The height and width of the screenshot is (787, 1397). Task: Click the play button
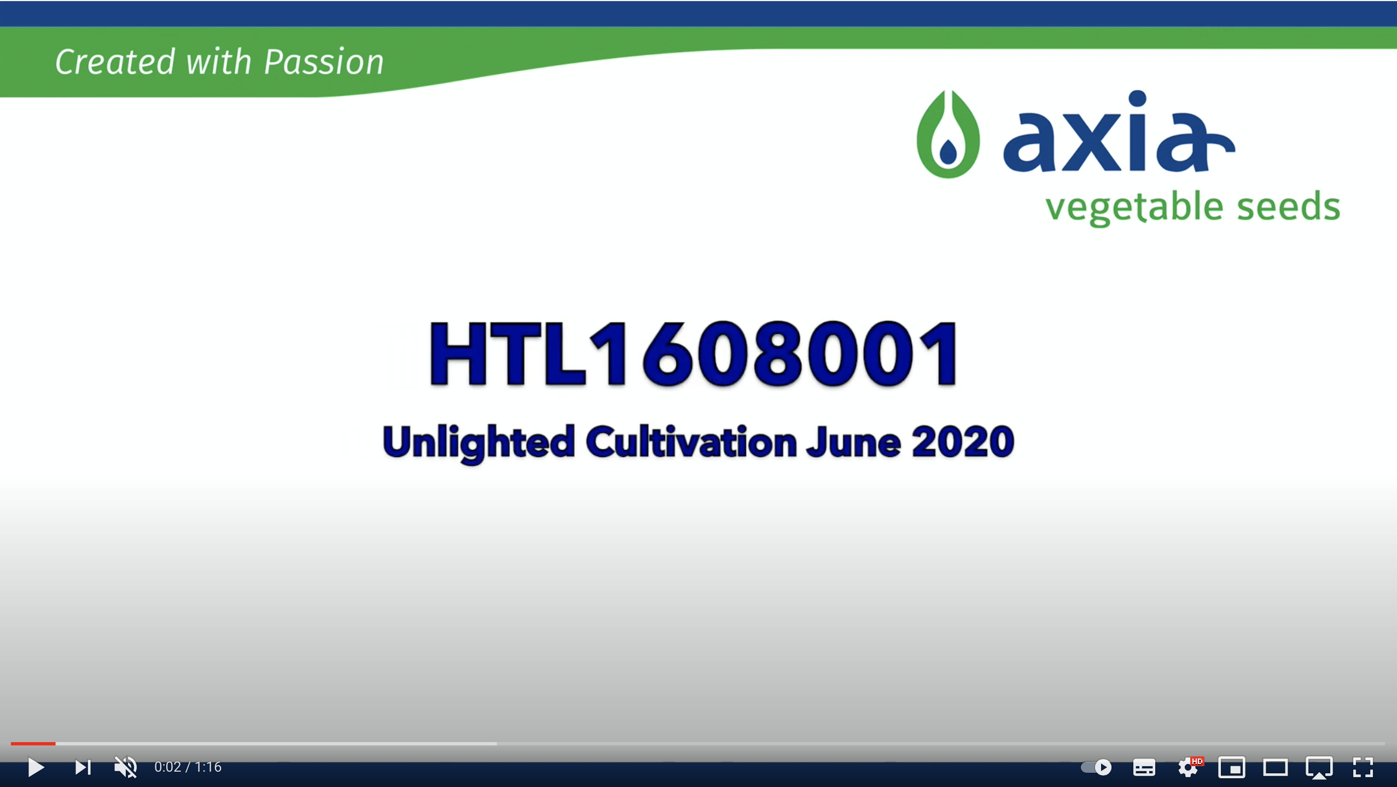pos(36,767)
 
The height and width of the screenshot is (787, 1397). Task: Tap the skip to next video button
pos(83,767)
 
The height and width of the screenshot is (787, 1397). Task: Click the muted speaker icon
pos(125,767)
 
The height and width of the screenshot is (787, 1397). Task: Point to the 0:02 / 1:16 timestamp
pos(188,767)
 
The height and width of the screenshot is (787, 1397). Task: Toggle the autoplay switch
pos(1096,767)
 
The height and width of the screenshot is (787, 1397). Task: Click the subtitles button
pos(1144,767)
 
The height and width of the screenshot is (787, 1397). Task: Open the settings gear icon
pos(1188,767)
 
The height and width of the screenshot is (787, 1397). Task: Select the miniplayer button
pos(1232,767)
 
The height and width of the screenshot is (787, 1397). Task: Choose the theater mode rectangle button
pos(1276,767)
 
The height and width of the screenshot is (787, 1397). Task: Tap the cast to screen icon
pos(1319,767)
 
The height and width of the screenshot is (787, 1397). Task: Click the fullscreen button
pos(1363,767)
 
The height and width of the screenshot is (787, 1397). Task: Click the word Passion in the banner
pos(324,61)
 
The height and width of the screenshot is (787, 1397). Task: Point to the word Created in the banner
pos(115,61)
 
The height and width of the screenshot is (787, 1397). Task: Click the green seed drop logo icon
pos(948,134)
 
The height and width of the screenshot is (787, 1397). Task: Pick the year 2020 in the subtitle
pos(963,441)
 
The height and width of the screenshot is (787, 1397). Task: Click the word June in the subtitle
pos(854,442)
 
